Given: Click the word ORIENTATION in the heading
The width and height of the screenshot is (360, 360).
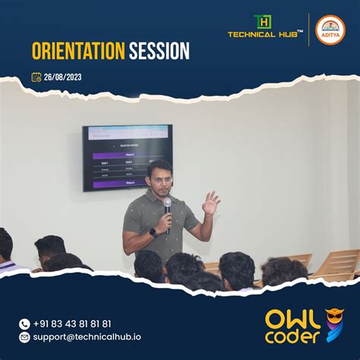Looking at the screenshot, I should pos(77,52).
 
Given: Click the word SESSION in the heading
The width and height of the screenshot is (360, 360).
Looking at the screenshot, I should pos(159,52).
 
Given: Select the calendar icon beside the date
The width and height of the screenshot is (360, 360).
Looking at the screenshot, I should pos(36,77).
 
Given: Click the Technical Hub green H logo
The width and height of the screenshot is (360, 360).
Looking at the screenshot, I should pos(262,21).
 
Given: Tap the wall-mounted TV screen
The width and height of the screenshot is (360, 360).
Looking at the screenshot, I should pos(127,157).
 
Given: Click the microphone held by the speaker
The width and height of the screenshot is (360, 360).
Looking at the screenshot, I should pos(167,206).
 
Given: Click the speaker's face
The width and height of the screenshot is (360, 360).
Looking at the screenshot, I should pos(160,178).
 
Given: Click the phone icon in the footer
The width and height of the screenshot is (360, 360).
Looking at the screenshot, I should pos(24,324).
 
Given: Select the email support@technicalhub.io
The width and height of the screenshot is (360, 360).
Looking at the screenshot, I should pos(87,336).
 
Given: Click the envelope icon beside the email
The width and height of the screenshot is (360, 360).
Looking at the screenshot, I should pos(24,336).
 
